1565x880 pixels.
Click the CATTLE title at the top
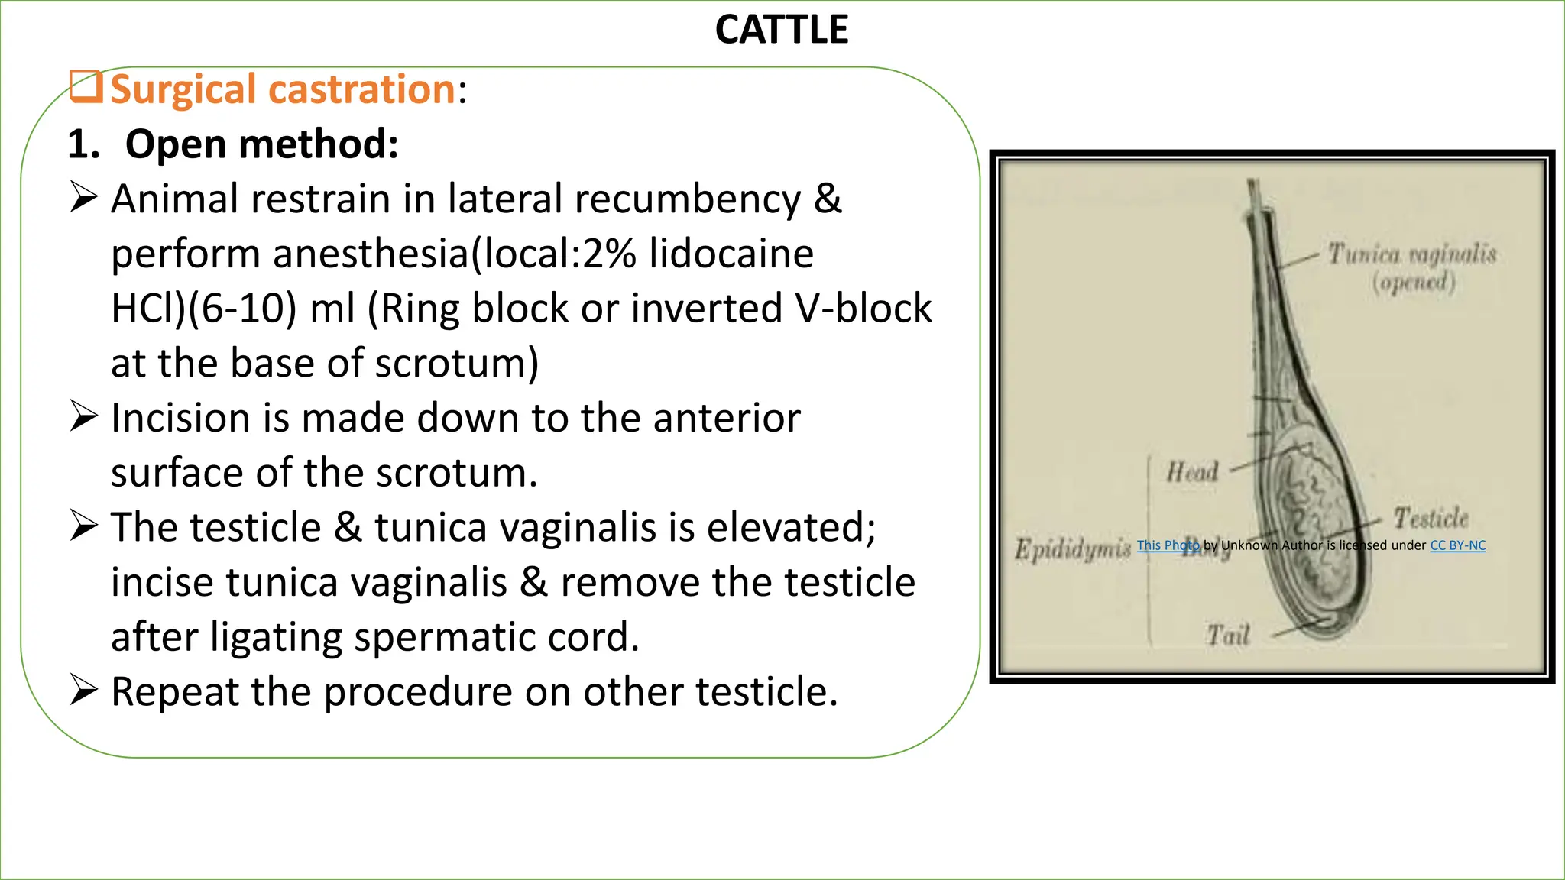tap(781, 31)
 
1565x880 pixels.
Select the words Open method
tap(261, 144)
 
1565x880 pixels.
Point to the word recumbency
tap(687, 199)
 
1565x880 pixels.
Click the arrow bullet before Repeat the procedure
tap(83, 690)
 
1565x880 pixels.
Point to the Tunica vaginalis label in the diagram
tap(1411, 254)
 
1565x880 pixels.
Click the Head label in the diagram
tap(1191, 472)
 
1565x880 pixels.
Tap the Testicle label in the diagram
tap(1431, 519)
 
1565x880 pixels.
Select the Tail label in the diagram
tap(1227, 635)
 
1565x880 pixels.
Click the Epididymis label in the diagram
tap(1072, 548)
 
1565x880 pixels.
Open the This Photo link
tap(1168, 545)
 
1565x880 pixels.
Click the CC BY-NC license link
tap(1457, 545)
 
